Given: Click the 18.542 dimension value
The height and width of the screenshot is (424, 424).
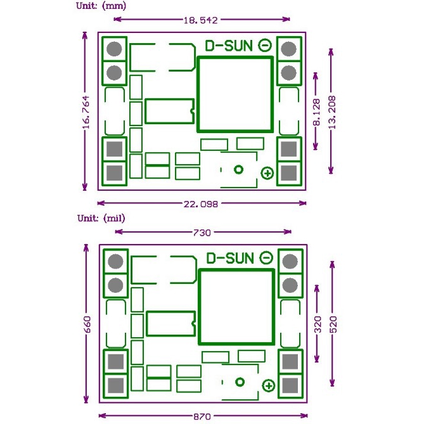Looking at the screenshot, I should pos(201,20).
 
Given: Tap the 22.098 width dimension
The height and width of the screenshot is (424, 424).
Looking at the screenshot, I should pos(201,203).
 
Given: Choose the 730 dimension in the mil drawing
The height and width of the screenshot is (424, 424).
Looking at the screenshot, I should pos(202,233).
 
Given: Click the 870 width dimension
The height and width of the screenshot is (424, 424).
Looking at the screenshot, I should pos(202,416).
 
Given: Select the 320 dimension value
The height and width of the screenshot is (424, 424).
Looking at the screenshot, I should pos(318,324).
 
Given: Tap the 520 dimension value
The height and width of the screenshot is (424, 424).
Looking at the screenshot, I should pos(331,324).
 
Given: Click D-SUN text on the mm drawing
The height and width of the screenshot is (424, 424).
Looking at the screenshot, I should pos(229,46).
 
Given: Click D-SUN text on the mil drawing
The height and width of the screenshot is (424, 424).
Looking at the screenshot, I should pos(231,258).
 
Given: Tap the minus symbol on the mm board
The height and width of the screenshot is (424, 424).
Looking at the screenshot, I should pos(266,46).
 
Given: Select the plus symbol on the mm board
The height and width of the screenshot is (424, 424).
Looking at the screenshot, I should pos(267,173).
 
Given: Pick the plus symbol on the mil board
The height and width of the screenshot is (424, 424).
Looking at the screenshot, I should pos(268,385).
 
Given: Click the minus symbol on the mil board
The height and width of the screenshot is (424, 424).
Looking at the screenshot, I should pos(267,258).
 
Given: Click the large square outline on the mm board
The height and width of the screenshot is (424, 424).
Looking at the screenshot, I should pos(234,94).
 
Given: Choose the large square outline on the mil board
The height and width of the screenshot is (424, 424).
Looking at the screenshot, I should pos(236,307).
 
